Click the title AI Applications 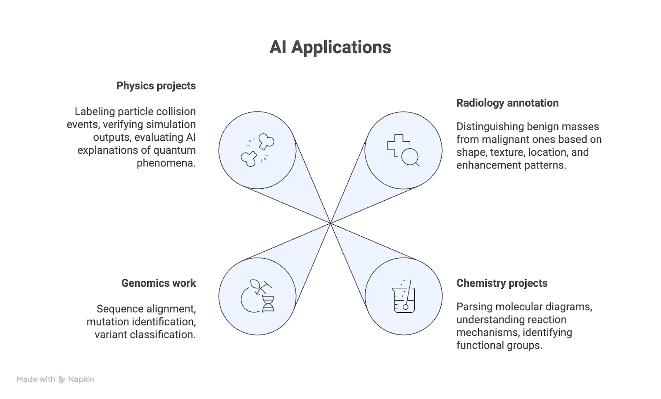click(x=330, y=47)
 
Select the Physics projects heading click(x=156, y=86)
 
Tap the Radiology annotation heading click(x=507, y=103)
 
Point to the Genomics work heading click(x=159, y=283)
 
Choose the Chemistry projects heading click(x=502, y=283)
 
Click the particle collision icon click(x=257, y=150)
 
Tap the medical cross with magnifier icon click(x=403, y=150)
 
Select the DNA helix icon click(x=257, y=297)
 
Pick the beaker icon click(x=403, y=297)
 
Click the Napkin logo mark click(x=62, y=380)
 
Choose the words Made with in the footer click(x=36, y=380)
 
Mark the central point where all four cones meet click(x=330, y=223)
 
